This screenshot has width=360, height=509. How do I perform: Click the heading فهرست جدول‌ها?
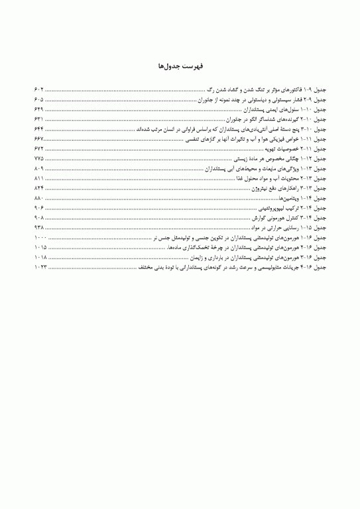coord(180,67)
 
